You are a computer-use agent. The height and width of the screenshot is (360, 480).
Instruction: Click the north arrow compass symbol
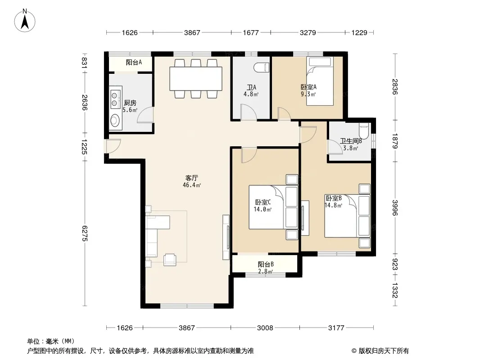tap(25, 21)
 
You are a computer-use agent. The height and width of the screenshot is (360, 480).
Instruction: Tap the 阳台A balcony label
tap(134, 63)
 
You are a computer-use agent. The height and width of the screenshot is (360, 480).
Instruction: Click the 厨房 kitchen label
tap(130, 103)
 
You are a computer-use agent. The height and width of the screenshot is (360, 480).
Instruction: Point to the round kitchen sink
tap(115, 120)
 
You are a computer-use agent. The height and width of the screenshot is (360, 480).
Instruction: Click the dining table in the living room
tap(196, 79)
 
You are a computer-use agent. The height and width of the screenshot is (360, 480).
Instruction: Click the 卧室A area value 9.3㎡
tap(308, 94)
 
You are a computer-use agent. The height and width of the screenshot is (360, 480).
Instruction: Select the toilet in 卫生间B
tap(364, 130)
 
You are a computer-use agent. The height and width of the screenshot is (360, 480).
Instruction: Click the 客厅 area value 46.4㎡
tap(192, 185)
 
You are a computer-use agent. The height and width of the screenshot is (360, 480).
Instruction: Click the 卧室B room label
tap(333, 198)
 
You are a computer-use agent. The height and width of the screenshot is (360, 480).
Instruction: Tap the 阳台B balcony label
tap(265, 264)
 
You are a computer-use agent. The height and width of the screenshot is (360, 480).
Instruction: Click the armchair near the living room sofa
tap(170, 260)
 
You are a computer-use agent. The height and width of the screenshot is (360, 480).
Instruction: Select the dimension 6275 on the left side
tap(85, 234)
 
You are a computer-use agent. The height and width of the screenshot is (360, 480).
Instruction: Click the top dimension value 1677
tap(251, 32)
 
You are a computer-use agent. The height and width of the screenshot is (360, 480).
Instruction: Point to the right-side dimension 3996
tap(395, 208)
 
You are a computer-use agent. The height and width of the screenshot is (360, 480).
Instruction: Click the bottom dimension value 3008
tap(265, 328)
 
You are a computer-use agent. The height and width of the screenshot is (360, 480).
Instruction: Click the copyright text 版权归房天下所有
tap(384, 351)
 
